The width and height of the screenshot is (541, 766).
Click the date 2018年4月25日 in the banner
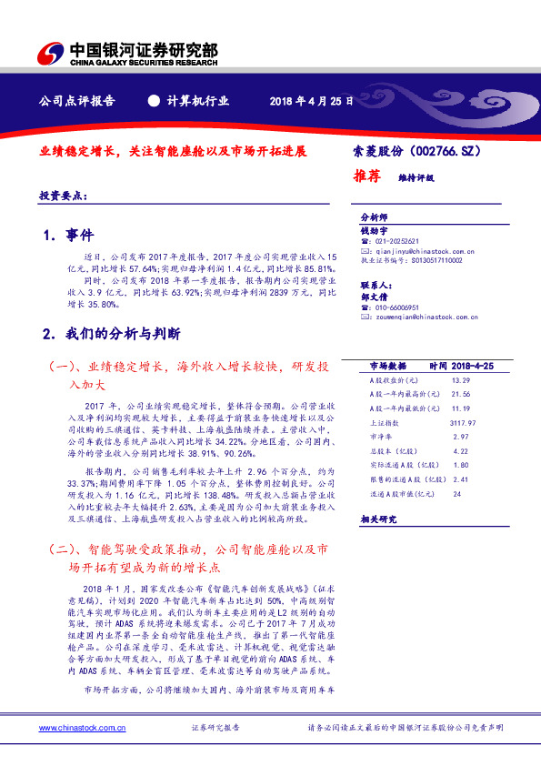[310, 101]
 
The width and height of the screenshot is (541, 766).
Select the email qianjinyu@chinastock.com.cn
[418, 250]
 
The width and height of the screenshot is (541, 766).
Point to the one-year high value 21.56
[460, 394]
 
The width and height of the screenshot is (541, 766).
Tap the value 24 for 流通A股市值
[456, 494]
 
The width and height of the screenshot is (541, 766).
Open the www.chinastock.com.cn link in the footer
[75, 729]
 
